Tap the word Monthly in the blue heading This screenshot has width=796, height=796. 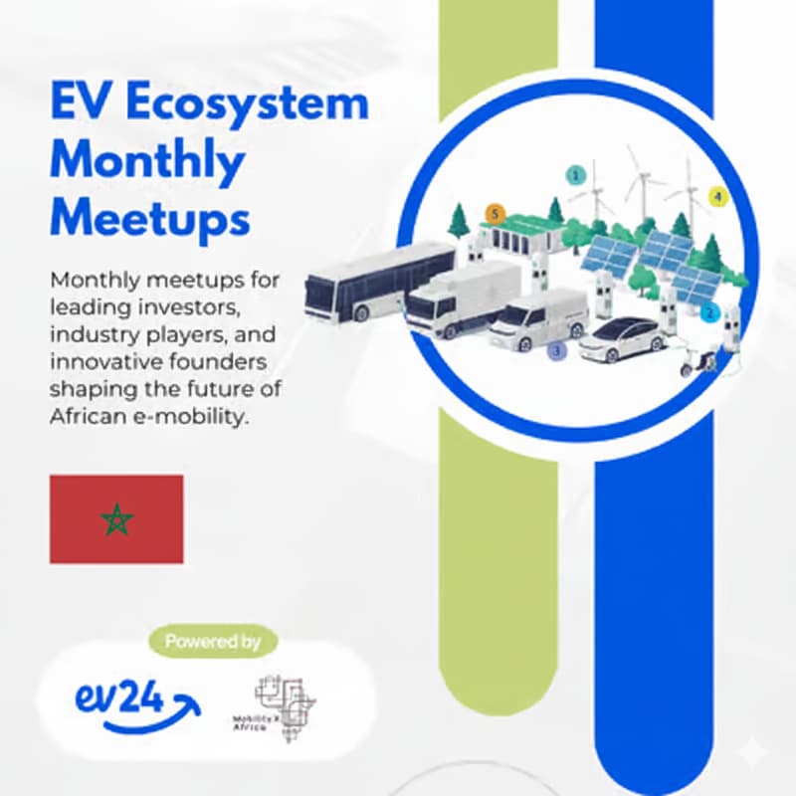click(146, 161)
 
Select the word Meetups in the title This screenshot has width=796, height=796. click(149, 216)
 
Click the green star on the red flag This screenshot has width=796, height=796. click(116, 518)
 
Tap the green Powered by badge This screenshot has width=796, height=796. click(213, 642)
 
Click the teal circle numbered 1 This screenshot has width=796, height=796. click(574, 175)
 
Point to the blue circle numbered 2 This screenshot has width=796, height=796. click(709, 312)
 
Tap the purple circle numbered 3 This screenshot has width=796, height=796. click(556, 350)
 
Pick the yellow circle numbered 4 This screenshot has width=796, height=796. click(716, 196)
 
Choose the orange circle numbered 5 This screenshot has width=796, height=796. click(495, 213)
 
